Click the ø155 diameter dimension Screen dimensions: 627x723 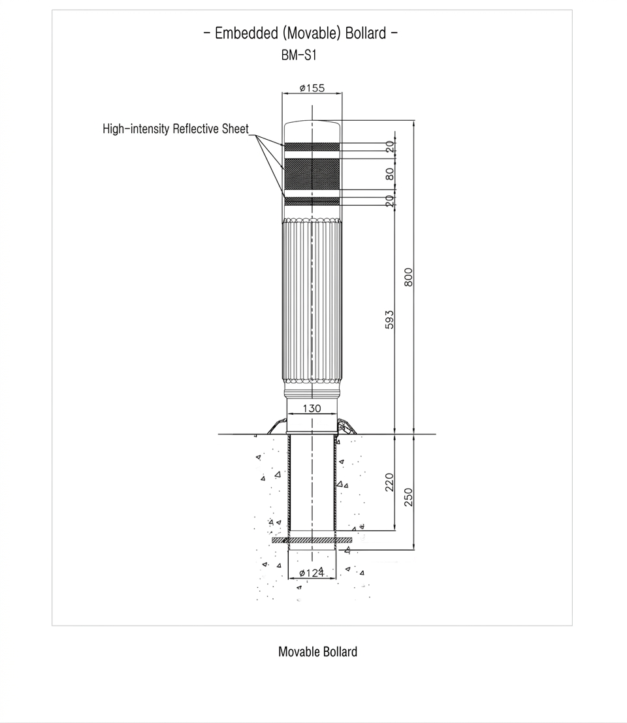click(312, 88)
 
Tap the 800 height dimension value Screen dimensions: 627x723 click(408, 277)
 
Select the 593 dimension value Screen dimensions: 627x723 click(389, 319)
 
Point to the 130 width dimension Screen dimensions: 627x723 click(312, 408)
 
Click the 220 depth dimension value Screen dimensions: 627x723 click(389, 482)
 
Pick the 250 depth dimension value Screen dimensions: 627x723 click(408, 497)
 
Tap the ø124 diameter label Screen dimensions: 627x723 click(312, 573)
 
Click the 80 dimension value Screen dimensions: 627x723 click(390, 174)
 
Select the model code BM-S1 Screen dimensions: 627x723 click(298, 56)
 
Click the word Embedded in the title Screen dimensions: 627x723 click(246, 33)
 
